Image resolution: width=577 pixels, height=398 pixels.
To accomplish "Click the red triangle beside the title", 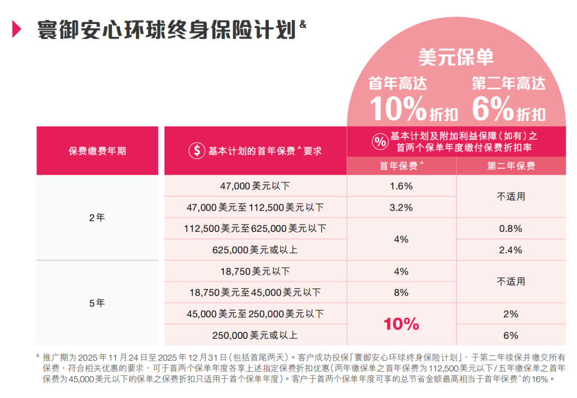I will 17,30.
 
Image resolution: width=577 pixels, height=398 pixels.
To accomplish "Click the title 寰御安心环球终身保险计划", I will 166,29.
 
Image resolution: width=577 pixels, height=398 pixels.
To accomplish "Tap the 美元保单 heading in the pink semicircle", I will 456,57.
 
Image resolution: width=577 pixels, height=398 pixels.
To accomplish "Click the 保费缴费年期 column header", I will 97,151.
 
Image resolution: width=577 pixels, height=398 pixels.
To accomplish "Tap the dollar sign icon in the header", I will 196,151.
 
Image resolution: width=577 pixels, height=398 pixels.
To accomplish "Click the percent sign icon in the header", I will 380,142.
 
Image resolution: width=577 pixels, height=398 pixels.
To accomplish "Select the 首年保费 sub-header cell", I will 401,166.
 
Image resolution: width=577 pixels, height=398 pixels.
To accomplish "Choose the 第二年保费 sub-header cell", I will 511,166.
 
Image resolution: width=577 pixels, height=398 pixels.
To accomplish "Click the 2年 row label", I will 97,218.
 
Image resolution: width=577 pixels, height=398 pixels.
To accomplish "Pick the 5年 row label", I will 97,303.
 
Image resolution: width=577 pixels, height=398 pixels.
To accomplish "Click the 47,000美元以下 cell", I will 255,186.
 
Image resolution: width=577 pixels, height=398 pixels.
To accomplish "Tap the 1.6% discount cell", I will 401,186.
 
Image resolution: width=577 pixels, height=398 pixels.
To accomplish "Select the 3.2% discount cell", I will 401,207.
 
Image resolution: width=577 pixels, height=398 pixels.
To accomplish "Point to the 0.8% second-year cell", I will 511,229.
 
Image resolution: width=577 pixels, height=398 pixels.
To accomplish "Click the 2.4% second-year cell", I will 511,250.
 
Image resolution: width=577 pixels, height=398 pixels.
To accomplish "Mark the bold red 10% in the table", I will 401,324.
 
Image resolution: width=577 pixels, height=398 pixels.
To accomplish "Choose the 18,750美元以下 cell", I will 255,271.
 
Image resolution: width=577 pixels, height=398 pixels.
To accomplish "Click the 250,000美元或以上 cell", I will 255,335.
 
